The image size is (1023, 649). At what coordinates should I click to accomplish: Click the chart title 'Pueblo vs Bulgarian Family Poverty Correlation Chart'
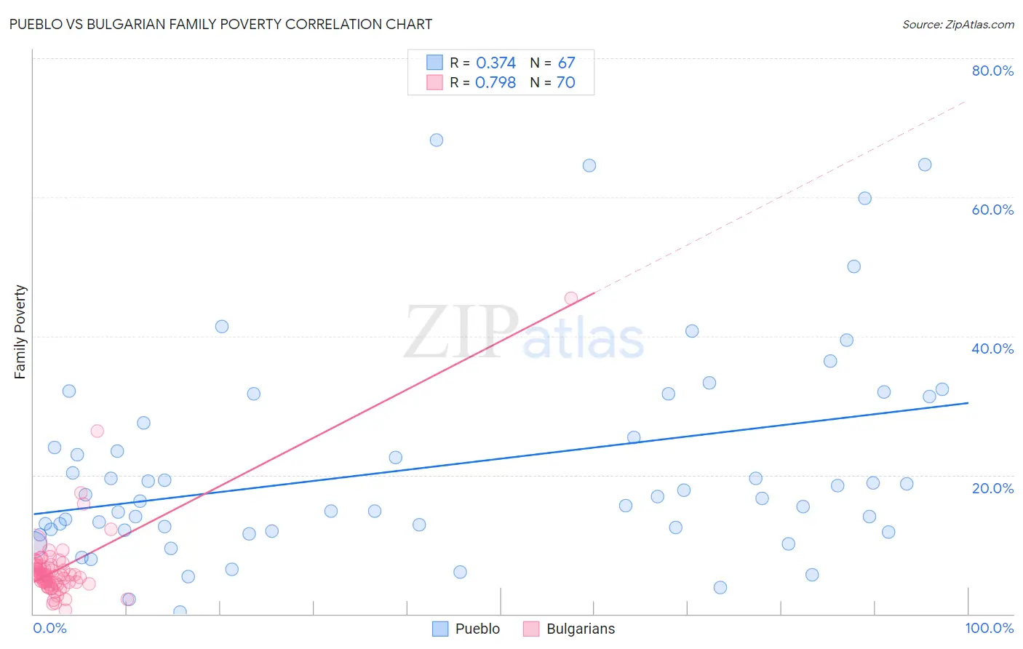coord(220,24)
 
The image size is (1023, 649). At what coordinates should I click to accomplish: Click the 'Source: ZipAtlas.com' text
coord(958,24)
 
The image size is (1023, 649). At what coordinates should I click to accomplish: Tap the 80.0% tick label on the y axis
coord(992,71)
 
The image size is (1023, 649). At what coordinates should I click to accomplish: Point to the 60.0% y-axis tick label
coord(992,210)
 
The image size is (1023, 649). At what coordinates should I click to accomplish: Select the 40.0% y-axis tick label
coord(992,349)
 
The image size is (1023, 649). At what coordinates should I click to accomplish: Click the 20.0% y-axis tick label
coord(992,487)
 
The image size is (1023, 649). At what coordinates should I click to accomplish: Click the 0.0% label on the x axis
coord(49,628)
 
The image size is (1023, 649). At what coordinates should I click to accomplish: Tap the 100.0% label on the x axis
coord(989,628)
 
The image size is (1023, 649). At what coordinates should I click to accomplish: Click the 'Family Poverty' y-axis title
coord(20,332)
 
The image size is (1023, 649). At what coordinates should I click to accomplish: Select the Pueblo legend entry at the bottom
coord(466,629)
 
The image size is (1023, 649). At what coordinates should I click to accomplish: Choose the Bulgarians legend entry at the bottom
coord(569,629)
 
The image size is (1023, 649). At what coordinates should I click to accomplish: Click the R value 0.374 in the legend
coord(495,63)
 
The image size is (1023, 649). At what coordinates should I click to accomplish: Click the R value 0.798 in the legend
coord(495,83)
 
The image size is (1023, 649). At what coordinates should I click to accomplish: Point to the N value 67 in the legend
coord(566,63)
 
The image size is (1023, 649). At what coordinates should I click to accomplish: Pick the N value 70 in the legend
coord(566,83)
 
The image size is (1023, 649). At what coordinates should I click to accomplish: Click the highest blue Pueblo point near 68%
coord(437,140)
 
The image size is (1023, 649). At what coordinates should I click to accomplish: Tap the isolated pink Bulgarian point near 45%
coord(571,298)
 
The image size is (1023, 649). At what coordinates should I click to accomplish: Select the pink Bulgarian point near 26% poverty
coord(97,431)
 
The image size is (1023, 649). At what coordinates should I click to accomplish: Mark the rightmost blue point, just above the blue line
coord(942,389)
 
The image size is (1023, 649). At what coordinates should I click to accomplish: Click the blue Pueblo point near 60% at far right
coord(864,199)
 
